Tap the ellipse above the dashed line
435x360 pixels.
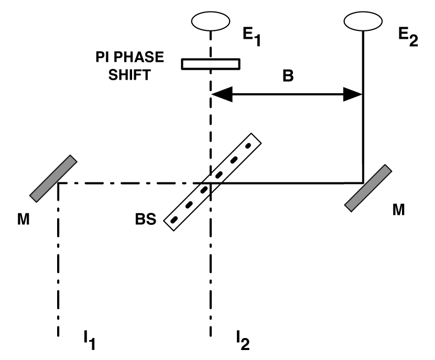coord(211,21)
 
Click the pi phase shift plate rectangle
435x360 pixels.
coord(211,64)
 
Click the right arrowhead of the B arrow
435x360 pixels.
coord(355,95)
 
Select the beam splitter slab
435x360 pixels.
coord(213,181)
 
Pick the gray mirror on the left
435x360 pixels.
coord(53,178)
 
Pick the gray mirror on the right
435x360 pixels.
coord(368,188)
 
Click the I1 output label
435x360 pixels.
coord(88,343)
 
